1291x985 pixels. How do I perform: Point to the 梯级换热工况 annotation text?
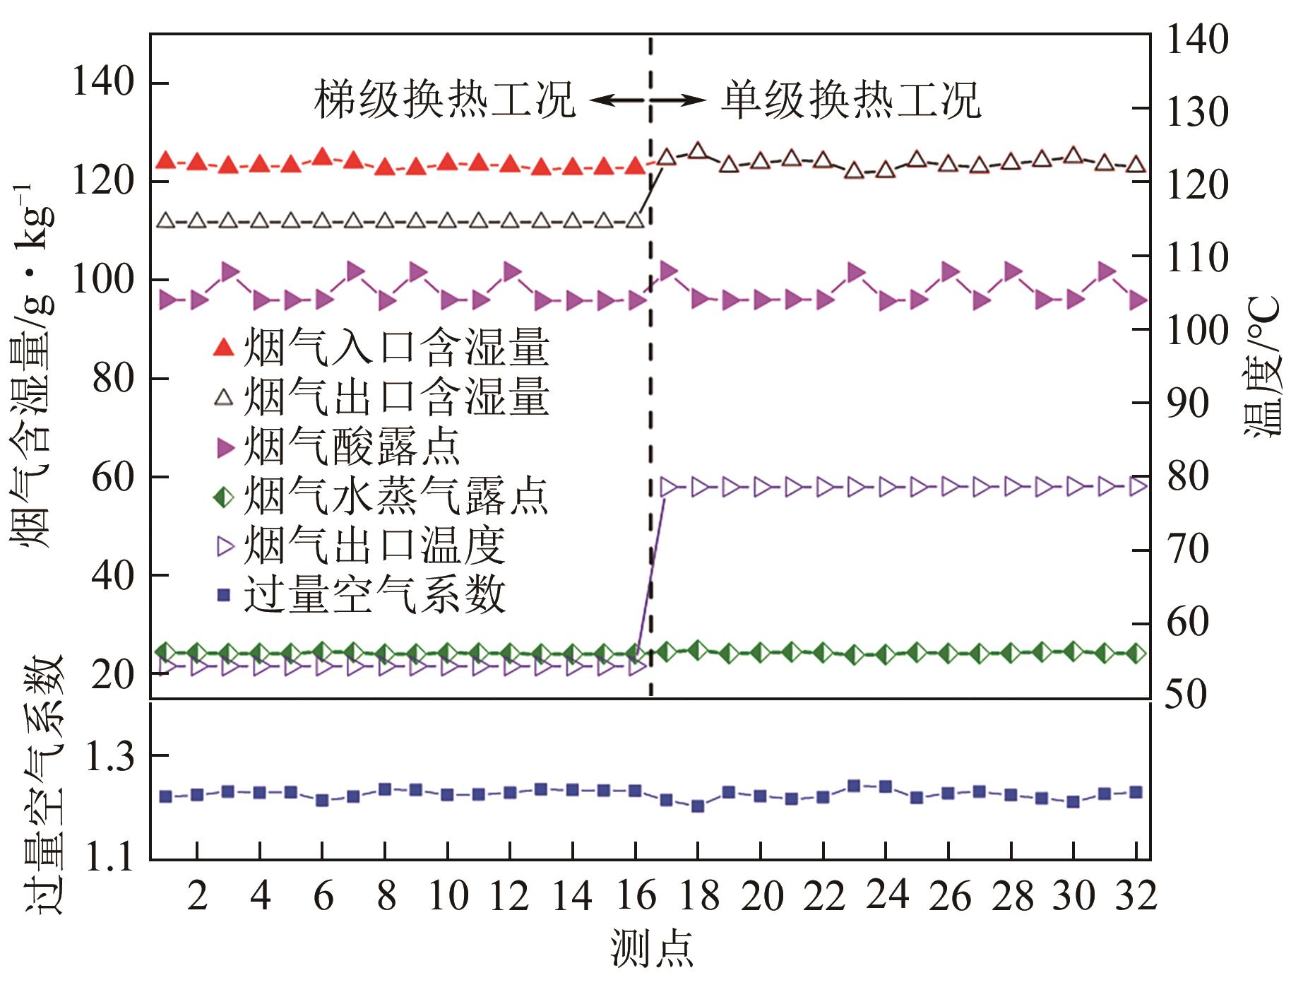(445, 100)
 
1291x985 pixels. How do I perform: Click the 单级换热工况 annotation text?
(851, 100)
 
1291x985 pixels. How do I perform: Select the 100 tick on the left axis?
(103, 281)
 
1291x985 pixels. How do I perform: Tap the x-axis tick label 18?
(698, 897)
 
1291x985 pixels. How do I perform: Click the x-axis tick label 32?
(1136, 897)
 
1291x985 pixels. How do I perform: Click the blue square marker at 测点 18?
(698, 806)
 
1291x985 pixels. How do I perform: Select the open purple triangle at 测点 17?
(667, 487)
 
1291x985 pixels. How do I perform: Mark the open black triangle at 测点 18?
(698, 151)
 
